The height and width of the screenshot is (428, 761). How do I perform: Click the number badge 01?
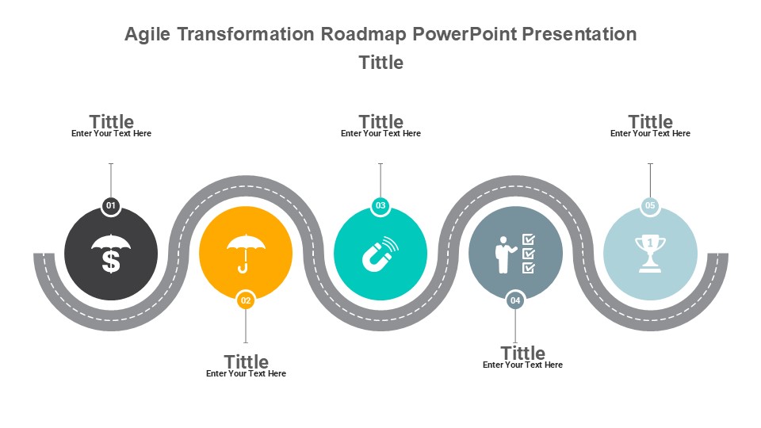111,206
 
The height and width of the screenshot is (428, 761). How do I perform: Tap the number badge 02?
246,300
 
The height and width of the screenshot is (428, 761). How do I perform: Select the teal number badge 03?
380,206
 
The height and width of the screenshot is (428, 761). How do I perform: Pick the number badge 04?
515,300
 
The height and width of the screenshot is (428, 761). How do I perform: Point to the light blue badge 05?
650,206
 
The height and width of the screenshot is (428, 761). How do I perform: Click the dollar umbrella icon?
111,254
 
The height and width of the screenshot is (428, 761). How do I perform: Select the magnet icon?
380,254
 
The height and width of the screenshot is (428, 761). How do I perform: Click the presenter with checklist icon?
515,254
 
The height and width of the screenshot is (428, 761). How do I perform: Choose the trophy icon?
650,254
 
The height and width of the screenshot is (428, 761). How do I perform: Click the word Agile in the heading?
147,34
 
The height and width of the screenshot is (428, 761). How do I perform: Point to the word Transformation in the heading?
246,34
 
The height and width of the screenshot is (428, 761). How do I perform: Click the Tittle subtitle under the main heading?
381,63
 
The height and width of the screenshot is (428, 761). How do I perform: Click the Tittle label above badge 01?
111,120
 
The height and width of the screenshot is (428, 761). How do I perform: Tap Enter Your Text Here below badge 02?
246,373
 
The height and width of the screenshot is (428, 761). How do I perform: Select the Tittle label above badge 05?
650,120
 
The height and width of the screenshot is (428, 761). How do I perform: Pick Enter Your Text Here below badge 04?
522,365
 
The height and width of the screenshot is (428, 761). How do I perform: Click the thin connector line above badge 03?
380,180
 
